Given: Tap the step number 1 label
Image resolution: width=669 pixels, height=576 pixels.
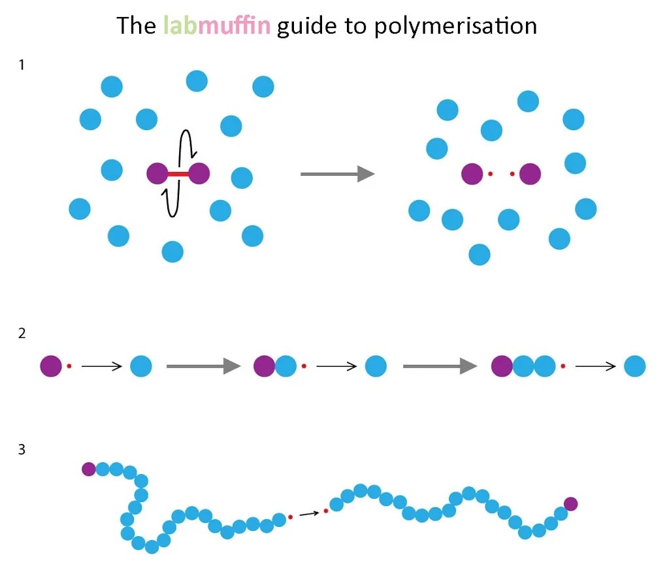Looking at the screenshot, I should point(23,65).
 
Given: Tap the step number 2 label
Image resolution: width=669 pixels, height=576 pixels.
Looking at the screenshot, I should point(23,333).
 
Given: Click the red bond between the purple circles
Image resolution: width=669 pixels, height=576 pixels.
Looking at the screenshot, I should point(178,174).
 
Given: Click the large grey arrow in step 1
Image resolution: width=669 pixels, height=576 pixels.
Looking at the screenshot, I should point(337,174).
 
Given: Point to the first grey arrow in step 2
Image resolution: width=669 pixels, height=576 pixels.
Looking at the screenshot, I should point(204,366).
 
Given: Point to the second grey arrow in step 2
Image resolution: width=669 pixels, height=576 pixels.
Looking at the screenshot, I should point(440,366).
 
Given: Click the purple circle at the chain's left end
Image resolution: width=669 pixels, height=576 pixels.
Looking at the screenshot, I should point(89,469).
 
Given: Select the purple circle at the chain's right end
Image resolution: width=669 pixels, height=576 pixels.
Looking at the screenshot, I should point(570,503).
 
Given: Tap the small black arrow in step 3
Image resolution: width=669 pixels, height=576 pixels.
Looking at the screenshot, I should point(308,514).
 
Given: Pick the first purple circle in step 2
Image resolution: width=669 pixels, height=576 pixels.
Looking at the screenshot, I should point(51,366).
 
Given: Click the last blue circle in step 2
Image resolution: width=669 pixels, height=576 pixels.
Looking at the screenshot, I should point(634,366).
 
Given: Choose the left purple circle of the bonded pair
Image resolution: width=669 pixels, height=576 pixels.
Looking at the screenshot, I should point(157,174).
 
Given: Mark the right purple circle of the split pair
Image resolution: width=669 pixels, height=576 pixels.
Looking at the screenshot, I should point(530,174).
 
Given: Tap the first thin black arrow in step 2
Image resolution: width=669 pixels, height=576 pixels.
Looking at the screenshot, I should point(102,366).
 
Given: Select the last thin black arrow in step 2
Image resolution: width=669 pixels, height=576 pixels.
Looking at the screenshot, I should point(595,366).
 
